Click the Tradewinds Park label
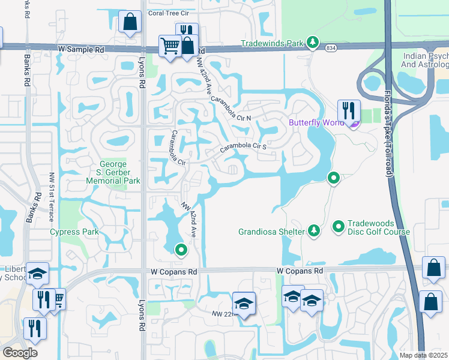[273, 43]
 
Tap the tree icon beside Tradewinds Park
[312, 42]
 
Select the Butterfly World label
[316, 122]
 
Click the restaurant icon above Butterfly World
[348, 110]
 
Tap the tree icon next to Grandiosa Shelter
[313, 230]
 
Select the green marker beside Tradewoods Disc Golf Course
[339, 227]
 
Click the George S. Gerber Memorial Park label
[120, 172]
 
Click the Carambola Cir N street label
[232, 108]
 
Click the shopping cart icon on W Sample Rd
[170, 46]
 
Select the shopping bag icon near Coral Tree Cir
[130, 23]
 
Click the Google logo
[20, 353]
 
